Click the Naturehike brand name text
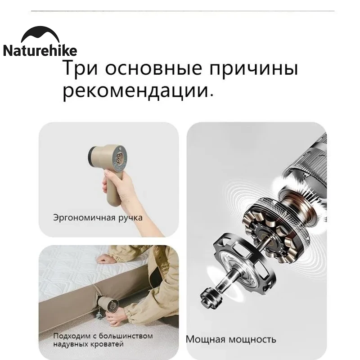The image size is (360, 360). point(40,51)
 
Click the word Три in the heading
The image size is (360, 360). point(80,68)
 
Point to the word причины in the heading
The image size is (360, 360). point(254,70)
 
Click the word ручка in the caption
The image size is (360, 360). point(130,218)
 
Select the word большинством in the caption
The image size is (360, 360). point(126,336)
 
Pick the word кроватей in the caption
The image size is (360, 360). point(107,344)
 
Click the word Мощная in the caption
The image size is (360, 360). point(205,339)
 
